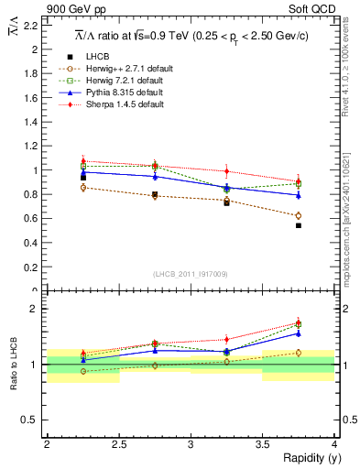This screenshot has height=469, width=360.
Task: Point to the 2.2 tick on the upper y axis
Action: click(31, 26)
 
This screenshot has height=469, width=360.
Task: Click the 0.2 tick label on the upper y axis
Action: click(31, 267)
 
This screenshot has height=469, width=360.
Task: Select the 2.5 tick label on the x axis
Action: click(118, 444)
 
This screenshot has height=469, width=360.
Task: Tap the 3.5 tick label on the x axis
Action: click(263, 444)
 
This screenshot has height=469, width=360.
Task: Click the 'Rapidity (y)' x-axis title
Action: click(309, 458)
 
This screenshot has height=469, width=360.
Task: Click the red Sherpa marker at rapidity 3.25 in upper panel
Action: click(226, 171)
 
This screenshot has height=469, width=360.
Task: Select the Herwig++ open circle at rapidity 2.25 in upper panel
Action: click(83, 188)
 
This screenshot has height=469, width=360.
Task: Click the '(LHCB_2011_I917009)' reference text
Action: click(191, 274)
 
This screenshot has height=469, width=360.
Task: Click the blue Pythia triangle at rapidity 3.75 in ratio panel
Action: click(299, 333)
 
